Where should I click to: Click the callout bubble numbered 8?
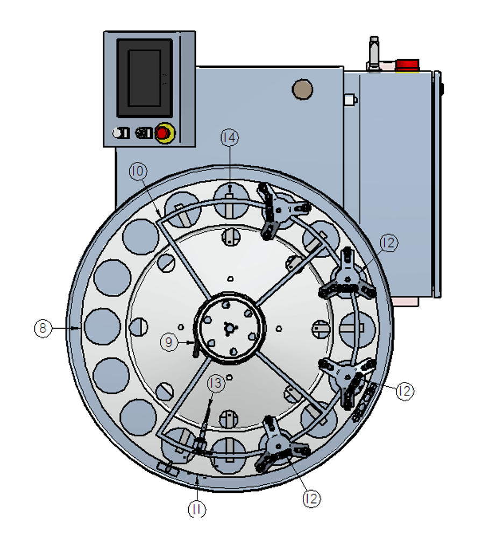click(42, 328)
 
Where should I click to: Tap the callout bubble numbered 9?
click(168, 342)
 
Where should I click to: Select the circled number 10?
click(138, 171)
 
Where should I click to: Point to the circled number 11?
click(196, 509)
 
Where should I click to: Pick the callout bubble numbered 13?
click(216, 383)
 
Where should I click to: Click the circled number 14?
click(230, 138)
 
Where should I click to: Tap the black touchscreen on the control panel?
click(145, 78)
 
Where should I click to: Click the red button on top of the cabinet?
click(407, 65)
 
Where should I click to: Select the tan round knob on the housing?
click(302, 89)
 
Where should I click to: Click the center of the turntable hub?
click(230, 328)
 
